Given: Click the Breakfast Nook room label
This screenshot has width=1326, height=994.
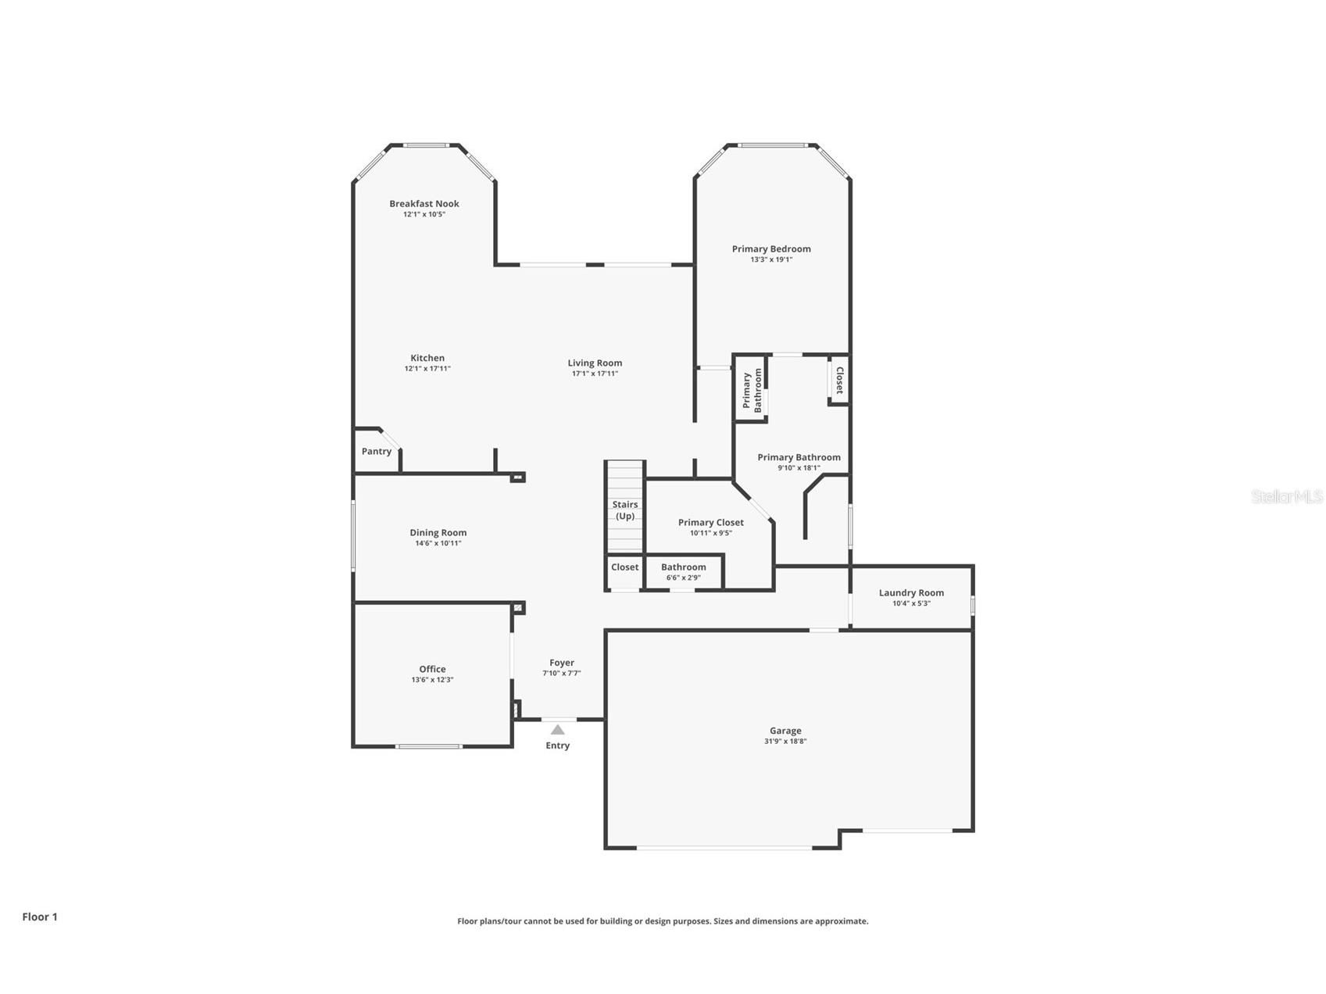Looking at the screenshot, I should point(424,203).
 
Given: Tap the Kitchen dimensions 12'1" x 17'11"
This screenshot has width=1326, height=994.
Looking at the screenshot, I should point(427,369).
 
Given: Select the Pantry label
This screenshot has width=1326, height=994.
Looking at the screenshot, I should point(376,452).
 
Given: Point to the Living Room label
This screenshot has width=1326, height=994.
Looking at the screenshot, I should point(595,363).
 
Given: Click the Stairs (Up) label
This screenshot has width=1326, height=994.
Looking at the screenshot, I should point(625,510).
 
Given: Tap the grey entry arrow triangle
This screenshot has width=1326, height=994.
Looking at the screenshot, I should point(557,730).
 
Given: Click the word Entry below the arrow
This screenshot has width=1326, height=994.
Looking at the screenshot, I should point(557,745).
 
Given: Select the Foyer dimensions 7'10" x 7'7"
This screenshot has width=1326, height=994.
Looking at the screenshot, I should point(562,674).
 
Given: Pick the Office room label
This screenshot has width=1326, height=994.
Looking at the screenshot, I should point(432,669).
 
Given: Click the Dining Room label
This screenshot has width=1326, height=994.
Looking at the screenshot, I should point(438,533).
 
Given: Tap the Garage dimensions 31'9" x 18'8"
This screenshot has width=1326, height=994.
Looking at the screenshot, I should point(785,742).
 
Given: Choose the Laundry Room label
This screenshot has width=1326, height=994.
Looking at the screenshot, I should point(911,592).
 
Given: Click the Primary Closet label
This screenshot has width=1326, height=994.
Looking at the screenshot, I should point(710,522).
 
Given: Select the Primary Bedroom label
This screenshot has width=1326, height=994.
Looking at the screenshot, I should point(771,248).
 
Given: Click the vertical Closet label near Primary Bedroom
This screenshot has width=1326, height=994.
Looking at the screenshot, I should point(839,380).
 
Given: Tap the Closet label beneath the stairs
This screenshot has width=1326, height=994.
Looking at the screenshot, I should point(624,567).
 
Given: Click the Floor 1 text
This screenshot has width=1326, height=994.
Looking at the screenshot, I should point(40,917).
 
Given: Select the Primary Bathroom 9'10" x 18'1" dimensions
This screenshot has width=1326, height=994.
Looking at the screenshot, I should point(799,468).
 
